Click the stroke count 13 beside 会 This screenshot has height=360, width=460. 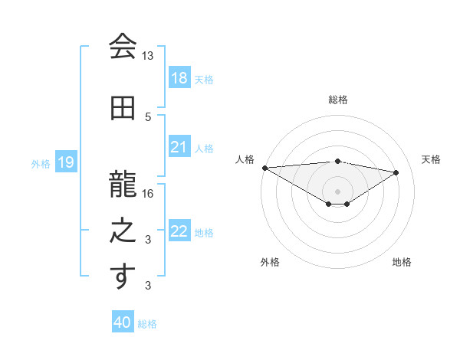click(148, 56)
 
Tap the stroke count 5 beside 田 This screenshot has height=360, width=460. click(148, 116)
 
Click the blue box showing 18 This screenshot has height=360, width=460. click(179, 78)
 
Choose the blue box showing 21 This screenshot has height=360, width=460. click(179, 147)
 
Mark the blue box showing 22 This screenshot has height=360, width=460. click(179, 231)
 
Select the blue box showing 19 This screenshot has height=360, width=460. click(65, 162)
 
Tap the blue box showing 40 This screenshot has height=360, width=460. click(123, 322)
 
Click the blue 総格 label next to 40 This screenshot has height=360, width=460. click(147, 324)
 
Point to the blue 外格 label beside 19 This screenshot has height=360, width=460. click(41, 163)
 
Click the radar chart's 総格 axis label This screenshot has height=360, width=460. click(337, 100)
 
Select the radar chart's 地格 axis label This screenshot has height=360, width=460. click(402, 262)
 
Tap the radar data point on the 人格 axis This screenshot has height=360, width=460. click(264, 168)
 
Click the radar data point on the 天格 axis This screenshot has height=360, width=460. click(396, 172)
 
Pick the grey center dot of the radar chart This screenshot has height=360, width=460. click(337, 190)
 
